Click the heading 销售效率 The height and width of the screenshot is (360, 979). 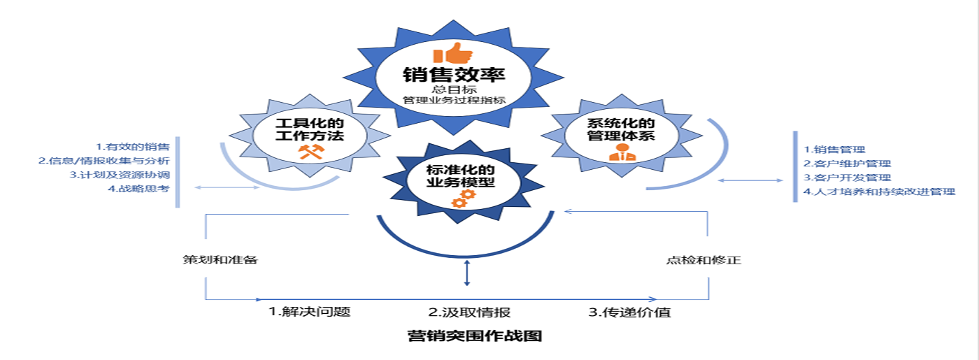click(454, 75)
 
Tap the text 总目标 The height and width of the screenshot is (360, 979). click(454, 89)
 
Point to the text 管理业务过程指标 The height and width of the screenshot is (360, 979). click(454, 101)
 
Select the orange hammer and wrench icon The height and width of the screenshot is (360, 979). click(309, 150)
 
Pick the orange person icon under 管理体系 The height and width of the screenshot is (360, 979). click(620, 154)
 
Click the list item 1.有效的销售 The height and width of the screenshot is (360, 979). click(134, 147)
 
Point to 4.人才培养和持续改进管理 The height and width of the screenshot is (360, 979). click(879, 192)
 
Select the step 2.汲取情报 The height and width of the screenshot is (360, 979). click(464, 312)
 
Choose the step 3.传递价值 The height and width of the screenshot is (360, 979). click(629, 312)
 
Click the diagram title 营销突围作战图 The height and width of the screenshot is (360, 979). click(475, 336)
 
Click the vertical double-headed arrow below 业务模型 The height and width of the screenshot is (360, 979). click(466, 273)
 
